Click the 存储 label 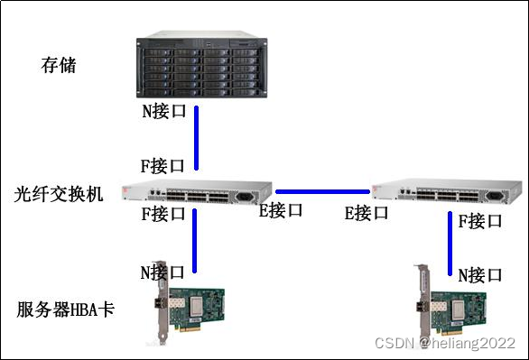pyautogui.click(x=60, y=65)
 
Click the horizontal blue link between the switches pyautogui.click(x=322, y=191)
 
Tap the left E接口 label pyautogui.click(x=281, y=212)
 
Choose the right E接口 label pyautogui.click(x=366, y=214)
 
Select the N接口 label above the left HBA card pyautogui.click(x=162, y=272)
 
